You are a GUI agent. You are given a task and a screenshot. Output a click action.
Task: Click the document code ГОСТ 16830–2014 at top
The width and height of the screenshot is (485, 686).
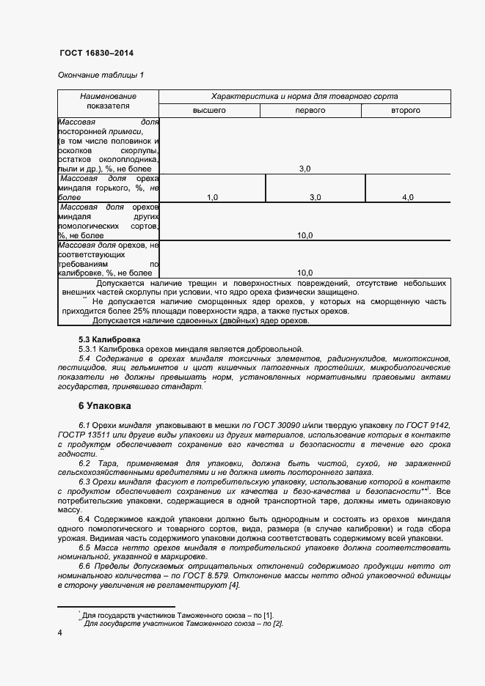tap(95, 54)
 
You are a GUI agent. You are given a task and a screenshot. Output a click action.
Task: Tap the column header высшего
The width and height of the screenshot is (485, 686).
tap(209, 110)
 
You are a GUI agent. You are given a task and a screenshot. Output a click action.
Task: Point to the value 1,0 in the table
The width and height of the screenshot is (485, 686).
tap(213, 197)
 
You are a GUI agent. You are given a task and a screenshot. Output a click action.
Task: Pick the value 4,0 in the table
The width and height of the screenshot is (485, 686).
tap(408, 197)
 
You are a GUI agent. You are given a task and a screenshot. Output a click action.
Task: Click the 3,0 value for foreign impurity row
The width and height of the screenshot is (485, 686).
tap(305, 169)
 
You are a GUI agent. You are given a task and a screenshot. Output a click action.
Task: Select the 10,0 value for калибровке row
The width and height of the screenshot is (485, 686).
tap(305, 273)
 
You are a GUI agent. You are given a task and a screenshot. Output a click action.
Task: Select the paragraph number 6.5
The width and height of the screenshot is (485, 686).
tap(84, 548)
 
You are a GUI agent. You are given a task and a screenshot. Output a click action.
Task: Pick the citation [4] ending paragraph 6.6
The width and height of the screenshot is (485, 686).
tap(233, 585)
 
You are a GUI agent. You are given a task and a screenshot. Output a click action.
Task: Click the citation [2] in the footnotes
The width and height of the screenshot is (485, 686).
tap(277, 623)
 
